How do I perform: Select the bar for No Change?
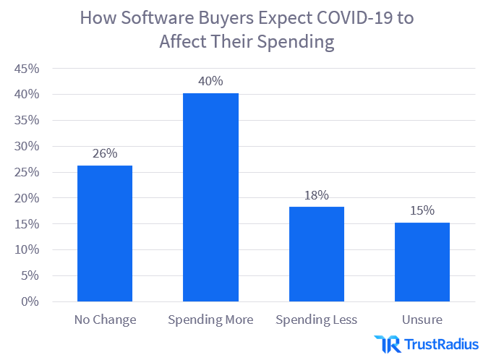click(x=105, y=233)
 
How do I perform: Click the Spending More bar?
click(x=210, y=197)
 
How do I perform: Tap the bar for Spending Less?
click(x=316, y=254)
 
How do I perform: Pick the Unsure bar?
click(x=422, y=262)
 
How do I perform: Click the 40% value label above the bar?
click(x=210, y=81)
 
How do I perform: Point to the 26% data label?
click(x=105, y=153)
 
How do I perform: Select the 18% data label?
click(x=316, y=194)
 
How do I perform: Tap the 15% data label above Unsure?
click(x=422, y=210)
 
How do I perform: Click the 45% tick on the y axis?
click(x=26, y=69)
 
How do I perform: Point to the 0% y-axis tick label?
click(x=30, y=301)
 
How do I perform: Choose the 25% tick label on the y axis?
click(x=26, y=172)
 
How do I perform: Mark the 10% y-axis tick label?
click(x=26, y=249)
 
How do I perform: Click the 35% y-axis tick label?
click(x=26, y=120)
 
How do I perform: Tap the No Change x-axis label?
click(x=105, y=319)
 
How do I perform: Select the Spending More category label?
click(x=210, y=319)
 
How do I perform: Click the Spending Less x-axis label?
click(x=316, y=319)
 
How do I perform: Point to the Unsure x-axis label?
click(x=422, y=319)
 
